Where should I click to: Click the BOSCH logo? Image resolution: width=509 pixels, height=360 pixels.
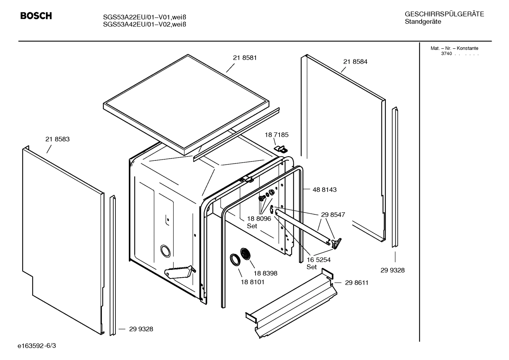point(36,16)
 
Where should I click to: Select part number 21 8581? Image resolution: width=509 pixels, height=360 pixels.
point(245,58)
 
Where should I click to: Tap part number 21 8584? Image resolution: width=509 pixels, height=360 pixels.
point(355,61)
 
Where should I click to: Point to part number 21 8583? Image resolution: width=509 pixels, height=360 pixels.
point(58,139)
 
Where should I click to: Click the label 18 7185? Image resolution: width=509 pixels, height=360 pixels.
point(276,135)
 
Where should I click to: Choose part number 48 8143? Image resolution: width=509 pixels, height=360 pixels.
point(324,190)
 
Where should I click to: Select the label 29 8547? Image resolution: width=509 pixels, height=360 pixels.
point(333,214)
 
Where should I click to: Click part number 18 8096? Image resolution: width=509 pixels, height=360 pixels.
point(259,219)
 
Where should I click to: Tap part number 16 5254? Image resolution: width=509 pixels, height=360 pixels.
point(318,260)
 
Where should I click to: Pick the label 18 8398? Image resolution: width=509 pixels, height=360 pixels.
point(265,273)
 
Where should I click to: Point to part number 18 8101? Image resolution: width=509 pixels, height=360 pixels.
point(252,282)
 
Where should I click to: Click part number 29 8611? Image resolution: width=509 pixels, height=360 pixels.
point(357,283)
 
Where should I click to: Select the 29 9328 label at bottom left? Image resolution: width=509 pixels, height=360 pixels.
point(141,329)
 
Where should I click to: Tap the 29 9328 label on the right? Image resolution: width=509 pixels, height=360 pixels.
point(393,270)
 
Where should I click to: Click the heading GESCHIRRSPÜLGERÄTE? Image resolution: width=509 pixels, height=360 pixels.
point(444,14)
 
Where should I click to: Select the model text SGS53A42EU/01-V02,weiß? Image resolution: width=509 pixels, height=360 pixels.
point(144,24)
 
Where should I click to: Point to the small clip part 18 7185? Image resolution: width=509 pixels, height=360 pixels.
point(281,148)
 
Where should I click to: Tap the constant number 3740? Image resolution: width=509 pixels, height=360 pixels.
point(446,54)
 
